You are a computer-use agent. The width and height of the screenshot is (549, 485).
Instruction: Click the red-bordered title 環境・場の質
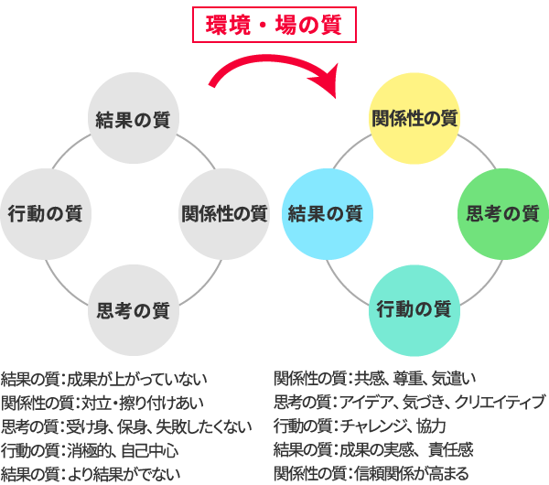click(273, 25)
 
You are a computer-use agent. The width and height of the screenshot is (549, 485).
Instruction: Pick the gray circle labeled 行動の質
click(45, 214)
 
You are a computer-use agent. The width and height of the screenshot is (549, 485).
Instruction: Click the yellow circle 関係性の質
click(414, 119)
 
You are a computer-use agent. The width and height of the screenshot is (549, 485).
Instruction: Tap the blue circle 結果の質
click(325, 214)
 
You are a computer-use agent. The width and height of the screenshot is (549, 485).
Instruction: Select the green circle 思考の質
click(502, 214)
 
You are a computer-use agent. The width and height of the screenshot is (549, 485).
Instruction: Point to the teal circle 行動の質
click(414, 309)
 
